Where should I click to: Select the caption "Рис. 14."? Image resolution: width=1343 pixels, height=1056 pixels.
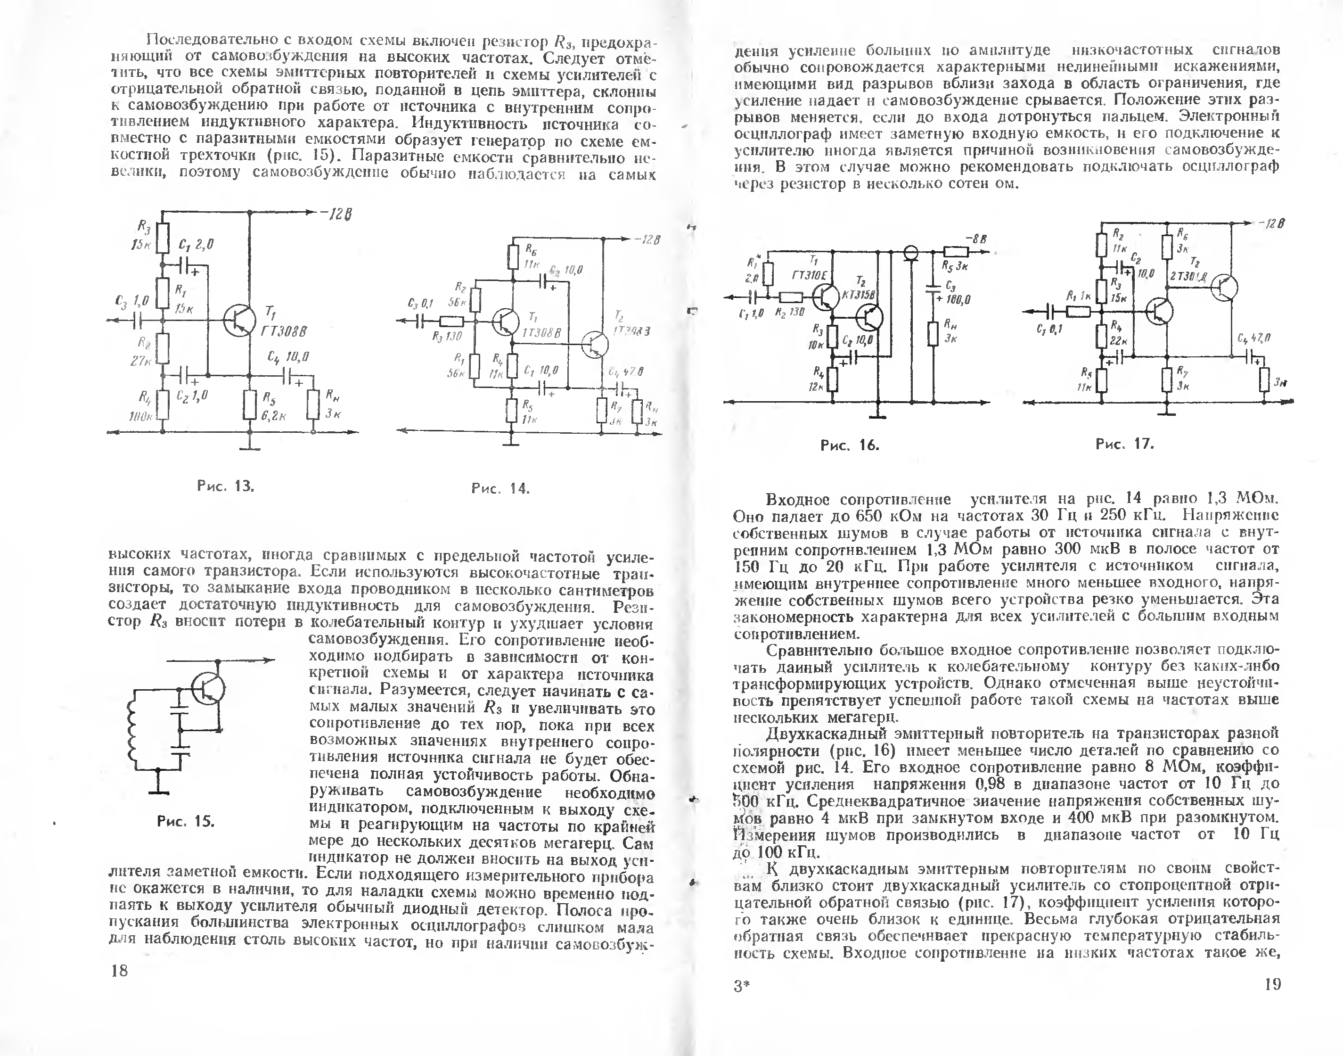(x=500, y=488)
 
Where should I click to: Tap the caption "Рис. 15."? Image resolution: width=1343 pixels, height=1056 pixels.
(x=185, y=821)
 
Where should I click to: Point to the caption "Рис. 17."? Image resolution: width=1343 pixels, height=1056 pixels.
(x=1125, y=444)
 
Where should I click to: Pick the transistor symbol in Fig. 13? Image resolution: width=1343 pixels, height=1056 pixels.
(x=240, y=320)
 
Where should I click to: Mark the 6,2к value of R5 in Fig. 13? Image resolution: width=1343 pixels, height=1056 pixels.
(x=273, y=416)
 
